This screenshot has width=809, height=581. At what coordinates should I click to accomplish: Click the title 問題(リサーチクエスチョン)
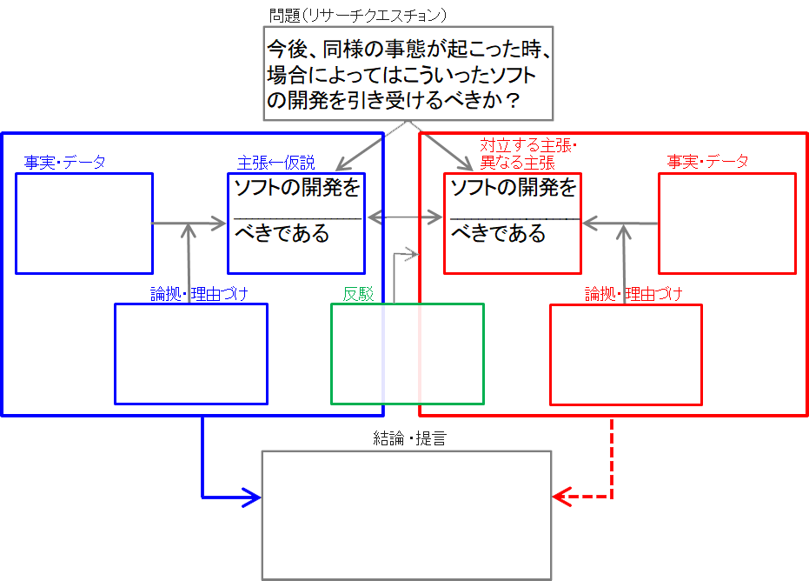click(357, 16)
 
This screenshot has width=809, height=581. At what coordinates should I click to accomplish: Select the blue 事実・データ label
click(65, 162)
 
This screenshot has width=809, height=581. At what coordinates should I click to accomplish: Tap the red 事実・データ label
click(707, 161)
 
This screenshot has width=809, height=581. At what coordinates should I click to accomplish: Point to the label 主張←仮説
click(276, 163)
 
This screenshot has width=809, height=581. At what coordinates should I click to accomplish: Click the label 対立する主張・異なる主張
click(527, 154)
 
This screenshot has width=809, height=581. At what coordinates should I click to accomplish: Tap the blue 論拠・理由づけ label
click(199, 294)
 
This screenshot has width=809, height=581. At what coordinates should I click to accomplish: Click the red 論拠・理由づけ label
click(633, 294)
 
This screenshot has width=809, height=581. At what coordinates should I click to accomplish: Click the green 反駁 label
click(358, 294)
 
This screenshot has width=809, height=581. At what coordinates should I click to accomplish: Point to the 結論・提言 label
click(409, 438)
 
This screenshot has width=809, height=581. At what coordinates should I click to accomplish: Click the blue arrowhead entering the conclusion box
click(252, 498)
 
